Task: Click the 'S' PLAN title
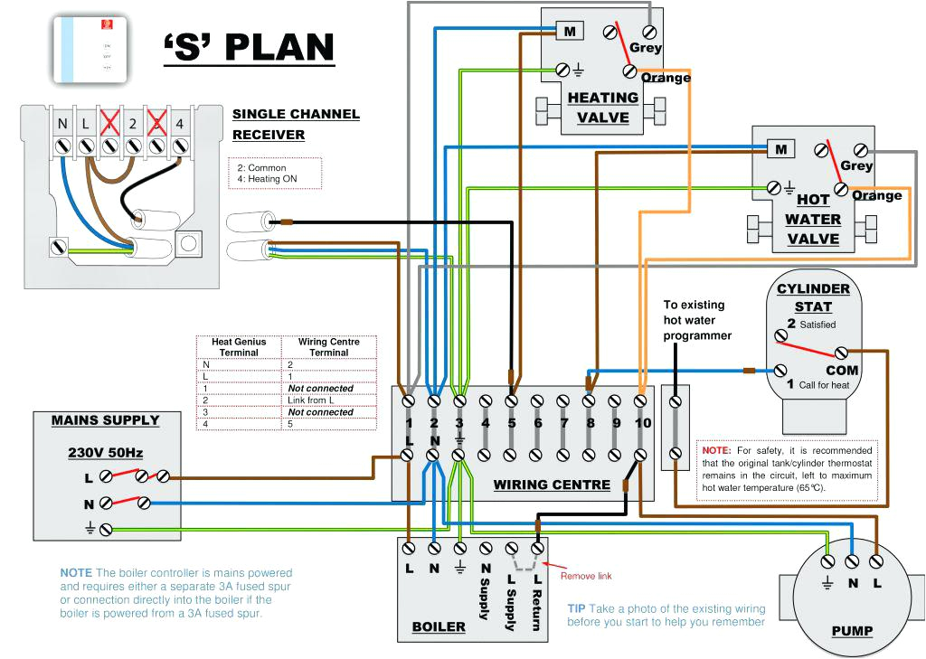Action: pos(249,47)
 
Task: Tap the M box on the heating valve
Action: pos(570,32)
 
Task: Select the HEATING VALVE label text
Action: pos(603,108)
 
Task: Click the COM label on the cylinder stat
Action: pos(842,371)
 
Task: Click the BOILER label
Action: pos(439,626)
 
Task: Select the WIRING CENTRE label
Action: pos(552,485)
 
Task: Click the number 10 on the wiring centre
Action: pos(642,422)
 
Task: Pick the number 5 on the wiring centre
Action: pos(511,422)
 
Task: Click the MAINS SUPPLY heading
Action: pos(105,420)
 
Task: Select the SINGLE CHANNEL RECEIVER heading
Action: pos(296,125)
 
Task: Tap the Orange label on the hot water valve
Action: pos(877,195)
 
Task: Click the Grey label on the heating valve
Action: pos(646,48)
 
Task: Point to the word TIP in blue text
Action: pos(578,609)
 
